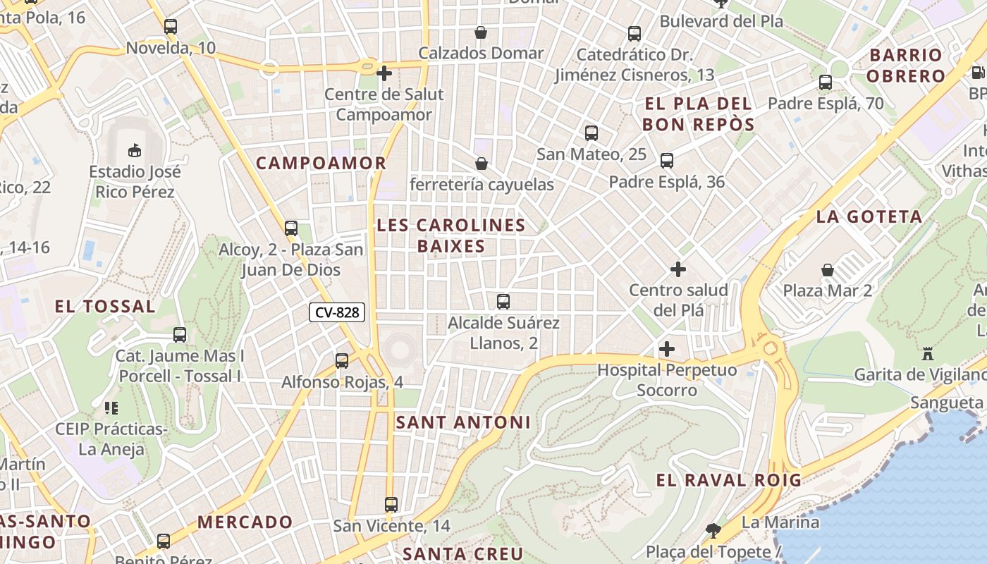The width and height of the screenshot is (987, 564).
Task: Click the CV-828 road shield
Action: click(x=337, y=312)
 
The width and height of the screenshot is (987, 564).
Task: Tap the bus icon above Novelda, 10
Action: click(x=171, y=27)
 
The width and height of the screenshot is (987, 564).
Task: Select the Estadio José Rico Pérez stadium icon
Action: click(x=134, y=150)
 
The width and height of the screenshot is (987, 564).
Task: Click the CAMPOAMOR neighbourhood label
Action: click(x=321, y=163)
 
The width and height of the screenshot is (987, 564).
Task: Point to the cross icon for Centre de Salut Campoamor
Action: click(x=384, y=73)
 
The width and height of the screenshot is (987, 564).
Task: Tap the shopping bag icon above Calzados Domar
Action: click(x=481, y=32)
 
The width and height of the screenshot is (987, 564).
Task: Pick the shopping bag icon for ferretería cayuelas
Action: click(x=482, y=164)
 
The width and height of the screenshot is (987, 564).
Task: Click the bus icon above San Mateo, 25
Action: click(x=591, y=133)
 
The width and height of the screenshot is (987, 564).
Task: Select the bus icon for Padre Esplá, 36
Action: click(x=667, y=161)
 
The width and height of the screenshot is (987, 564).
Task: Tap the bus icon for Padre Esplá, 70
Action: click(x=826, y=82)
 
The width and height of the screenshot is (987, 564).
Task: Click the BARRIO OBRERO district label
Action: click(x=906, y=66)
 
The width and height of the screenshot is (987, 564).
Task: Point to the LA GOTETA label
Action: click(x=869, y=217)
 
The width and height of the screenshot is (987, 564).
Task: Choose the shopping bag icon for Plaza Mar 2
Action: click(x=828, y=270)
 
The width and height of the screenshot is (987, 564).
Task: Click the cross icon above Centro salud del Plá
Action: click(x=678, y=269)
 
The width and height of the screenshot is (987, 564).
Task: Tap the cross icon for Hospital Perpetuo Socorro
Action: click(x=667, y=349)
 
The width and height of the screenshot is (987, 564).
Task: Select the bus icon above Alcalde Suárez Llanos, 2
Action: click(x=503, y=302)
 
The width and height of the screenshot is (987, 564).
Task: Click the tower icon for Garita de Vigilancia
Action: click(x=928, y=353)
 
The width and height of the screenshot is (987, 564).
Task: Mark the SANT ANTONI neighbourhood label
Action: click(x=462, y=422)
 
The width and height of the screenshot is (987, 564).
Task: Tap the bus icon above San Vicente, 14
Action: click(x=391, y=505)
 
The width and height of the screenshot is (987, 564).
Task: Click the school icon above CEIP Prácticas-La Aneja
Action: click(x=111, y=407)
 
